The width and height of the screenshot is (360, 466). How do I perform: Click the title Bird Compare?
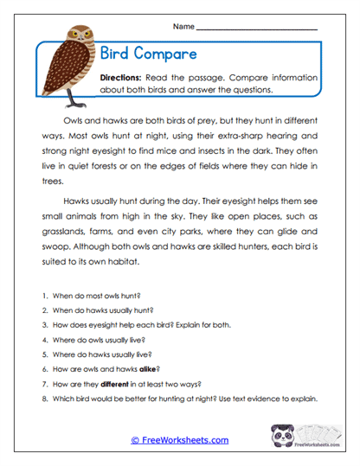(x=148, y=54)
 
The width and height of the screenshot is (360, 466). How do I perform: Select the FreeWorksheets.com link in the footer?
(x=180, y=440)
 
